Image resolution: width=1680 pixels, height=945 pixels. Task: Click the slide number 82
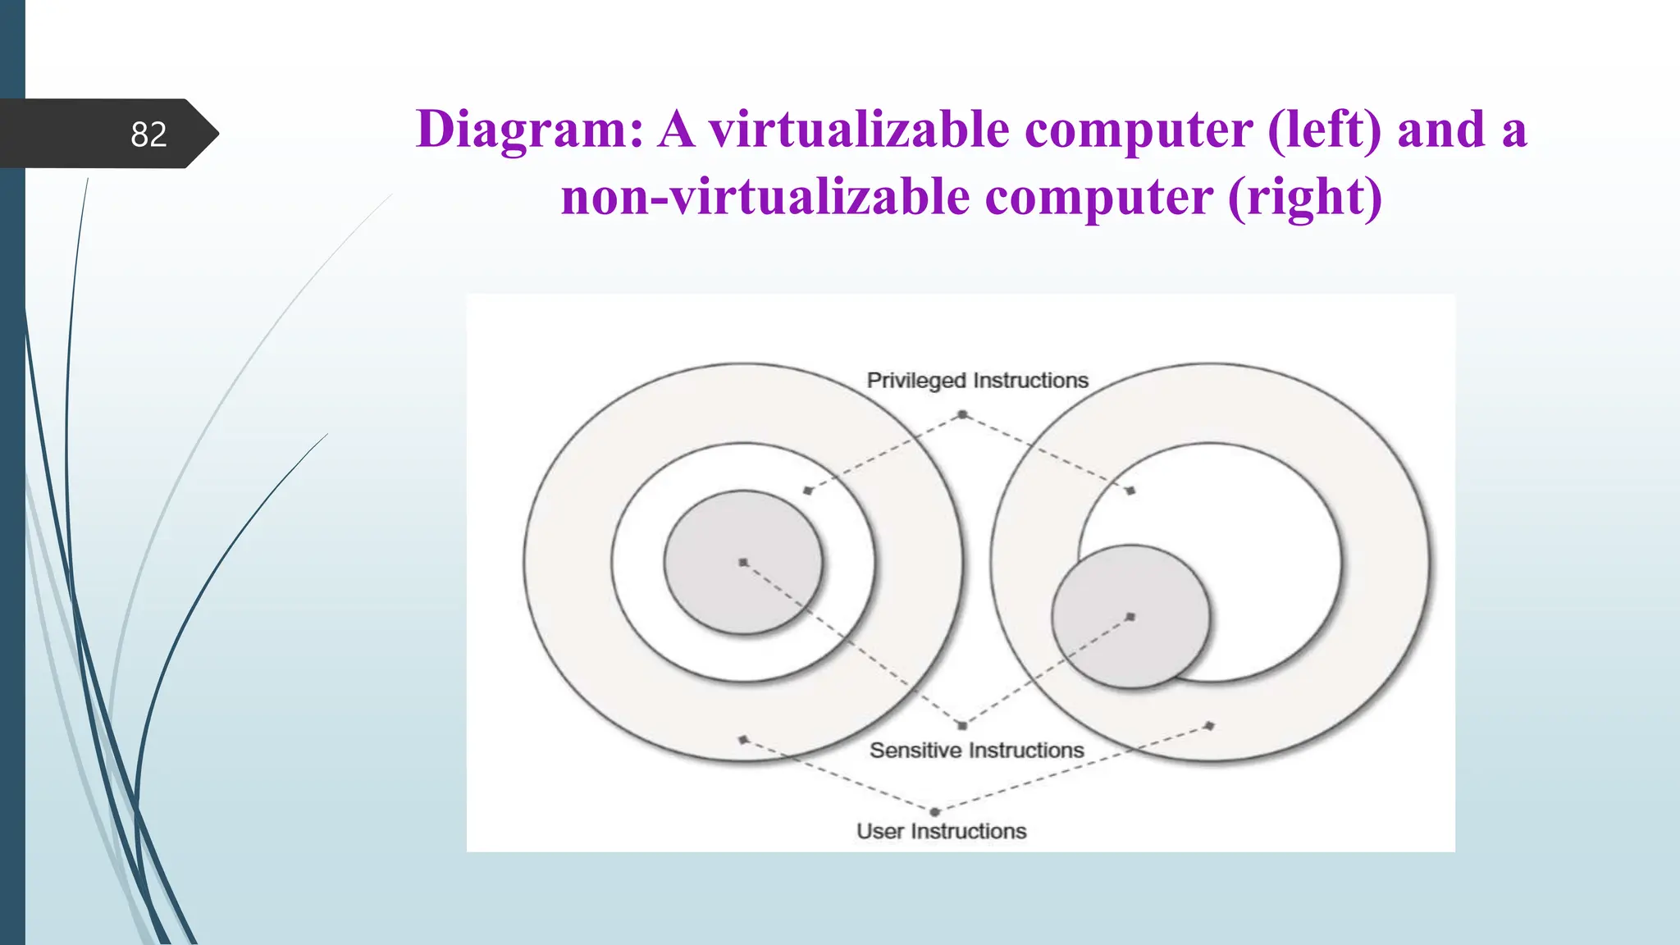coord(148,135)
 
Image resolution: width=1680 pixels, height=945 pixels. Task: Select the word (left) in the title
coord(1324,130)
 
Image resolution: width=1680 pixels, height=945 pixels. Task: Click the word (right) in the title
coord(1304,197)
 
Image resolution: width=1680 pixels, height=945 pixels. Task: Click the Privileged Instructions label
coord(977,381)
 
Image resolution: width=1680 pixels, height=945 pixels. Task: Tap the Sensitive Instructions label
coord(976,750)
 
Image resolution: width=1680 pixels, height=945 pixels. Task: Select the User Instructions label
coord(941,831)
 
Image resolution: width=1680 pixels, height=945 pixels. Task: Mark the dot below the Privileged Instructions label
coord(962,415)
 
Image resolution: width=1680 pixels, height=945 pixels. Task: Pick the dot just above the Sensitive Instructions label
coord(962,725)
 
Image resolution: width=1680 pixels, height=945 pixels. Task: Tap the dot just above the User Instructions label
coord(934,812)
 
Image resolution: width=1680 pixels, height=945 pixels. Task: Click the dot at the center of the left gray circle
coord(743,563)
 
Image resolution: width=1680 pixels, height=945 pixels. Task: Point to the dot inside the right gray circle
coord(1130,617)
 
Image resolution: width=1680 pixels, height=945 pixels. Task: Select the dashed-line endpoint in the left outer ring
coord(743,739)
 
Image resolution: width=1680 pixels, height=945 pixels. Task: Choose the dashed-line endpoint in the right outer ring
coord(1210,726)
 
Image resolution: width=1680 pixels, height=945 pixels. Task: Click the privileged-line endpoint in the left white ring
coord(808,491)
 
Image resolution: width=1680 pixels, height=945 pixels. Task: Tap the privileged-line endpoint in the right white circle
coord(1130,491)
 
